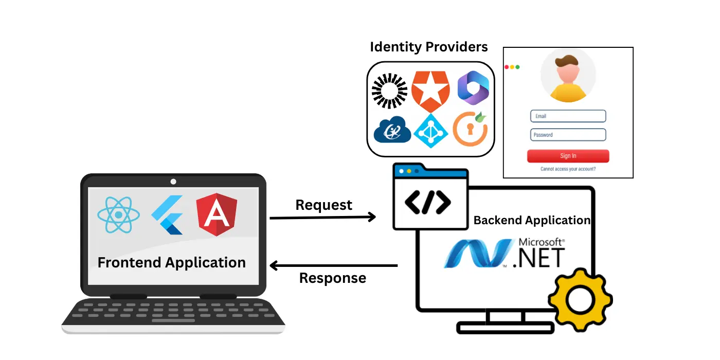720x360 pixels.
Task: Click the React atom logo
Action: point(119,214)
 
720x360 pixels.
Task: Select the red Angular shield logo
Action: point(217,214)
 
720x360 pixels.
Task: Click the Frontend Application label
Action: point(172,262)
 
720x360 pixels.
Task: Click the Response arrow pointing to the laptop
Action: point(334,266)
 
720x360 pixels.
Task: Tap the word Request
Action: point(324,205)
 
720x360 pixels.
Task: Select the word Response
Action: point(333,278)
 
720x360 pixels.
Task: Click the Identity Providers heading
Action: point(429,47)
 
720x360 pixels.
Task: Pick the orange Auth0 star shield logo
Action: point(430,91)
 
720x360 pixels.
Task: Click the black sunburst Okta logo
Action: point(389,91)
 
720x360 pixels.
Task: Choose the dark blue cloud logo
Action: point(392,131)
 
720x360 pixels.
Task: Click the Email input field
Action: point(568,116)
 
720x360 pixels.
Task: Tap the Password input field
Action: point(568,135)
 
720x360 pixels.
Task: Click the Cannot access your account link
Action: point(568,169)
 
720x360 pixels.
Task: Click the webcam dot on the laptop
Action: point(173,182)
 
